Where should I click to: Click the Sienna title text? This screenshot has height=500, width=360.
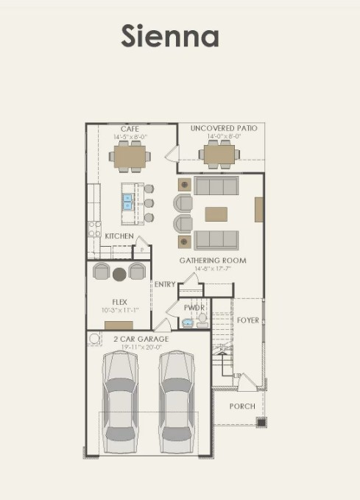(170, 36)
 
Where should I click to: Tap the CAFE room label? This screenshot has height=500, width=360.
(130, 129)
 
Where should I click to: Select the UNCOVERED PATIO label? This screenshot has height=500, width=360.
(224, 128)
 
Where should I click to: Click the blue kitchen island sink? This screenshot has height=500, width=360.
(127, 201)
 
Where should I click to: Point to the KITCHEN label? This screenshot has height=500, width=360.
(119, 236)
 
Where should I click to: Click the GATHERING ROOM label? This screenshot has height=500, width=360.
(213, 260)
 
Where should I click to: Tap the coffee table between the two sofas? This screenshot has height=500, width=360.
(216, 214)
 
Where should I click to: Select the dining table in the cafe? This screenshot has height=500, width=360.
(130, 155)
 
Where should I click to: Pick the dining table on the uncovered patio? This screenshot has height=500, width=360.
(219, 155)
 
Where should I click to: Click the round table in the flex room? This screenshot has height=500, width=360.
(119, 274)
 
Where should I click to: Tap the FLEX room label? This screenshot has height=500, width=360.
(119, 301)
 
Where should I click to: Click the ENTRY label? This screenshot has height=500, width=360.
(165, 284)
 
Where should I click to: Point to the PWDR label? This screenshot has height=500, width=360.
(194, 308)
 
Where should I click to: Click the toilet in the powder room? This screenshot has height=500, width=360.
(202, 320)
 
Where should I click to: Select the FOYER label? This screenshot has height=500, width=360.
(248, 320)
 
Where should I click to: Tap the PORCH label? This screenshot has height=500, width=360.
(242, 406)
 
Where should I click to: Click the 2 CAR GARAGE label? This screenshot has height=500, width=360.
(141, 339)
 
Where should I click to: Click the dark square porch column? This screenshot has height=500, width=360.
(261, 422)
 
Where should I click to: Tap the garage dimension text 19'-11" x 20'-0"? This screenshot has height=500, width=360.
(141, 347)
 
